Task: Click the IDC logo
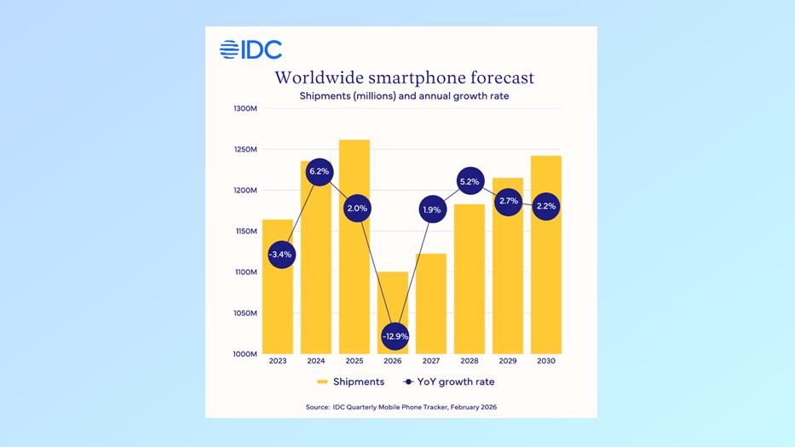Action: tap(251, 50)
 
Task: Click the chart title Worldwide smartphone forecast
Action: tap(404, 77)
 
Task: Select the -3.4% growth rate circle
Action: tap(280, 255)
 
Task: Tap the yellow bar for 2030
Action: tap(546, 272)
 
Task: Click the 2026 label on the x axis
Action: tap(393, 362)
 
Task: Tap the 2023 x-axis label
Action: tap(278, 362)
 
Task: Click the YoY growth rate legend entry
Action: tap(451, 382)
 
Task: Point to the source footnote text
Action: tap(400, 407)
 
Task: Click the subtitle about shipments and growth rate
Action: tap(404, 95)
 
